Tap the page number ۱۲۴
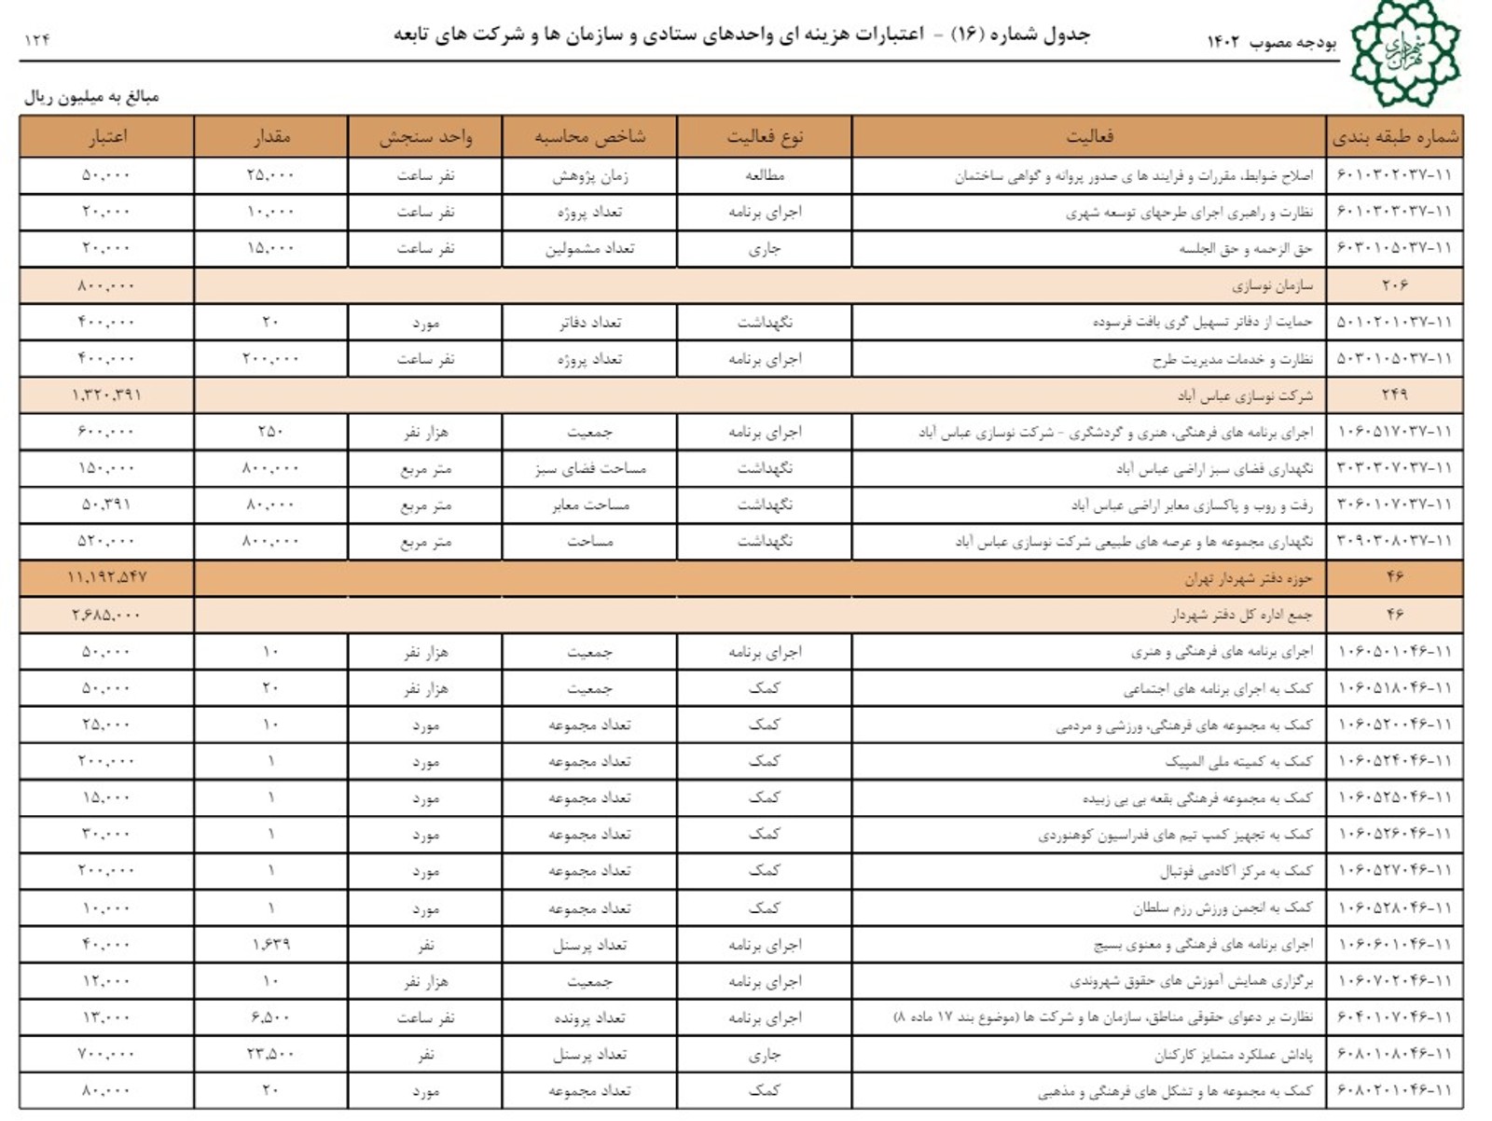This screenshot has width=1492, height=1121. coord(37,39)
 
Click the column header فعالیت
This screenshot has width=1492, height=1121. coord(1089,137)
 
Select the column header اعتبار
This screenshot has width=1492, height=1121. coord(107,137)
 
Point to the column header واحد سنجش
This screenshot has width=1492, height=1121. coord(425,137)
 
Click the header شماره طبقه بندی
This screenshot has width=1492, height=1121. coord(1395,137)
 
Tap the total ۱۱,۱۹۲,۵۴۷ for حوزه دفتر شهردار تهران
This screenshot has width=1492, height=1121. coord(106,578)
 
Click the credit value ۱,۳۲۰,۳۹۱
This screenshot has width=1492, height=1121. coord(106,395)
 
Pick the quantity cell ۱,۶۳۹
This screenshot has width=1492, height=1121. coord(270,945)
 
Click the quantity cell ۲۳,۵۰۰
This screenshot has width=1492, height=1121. coord(270,1054)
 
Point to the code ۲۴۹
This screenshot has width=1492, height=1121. coord(1395,395)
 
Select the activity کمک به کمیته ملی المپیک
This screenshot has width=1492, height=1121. coord(1238,762)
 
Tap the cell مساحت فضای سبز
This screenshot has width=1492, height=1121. coord(590,468)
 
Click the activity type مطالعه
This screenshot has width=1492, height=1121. coord(765,175)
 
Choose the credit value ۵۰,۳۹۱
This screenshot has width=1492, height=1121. coord(106,505)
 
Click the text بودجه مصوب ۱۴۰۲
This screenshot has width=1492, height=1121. coord(1272,42)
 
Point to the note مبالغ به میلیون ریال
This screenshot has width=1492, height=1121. coord(91,97)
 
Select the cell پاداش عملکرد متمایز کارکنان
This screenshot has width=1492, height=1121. coord(1233,1055)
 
